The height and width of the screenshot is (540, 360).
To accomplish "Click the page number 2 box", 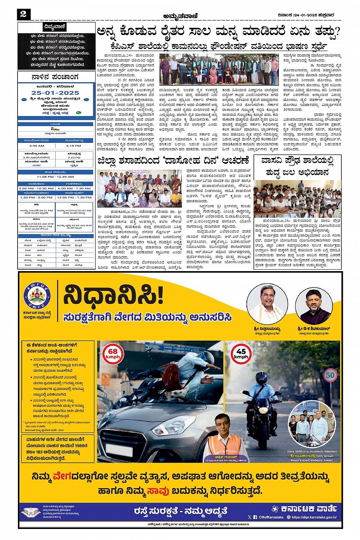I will pos(23,14).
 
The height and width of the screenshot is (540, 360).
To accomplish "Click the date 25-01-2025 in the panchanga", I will pos(55,93).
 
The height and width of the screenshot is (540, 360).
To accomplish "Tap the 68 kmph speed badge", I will pos(113,354).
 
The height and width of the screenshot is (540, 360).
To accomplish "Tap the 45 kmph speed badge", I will pos(241,354).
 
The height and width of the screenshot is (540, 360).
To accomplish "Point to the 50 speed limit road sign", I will pos(330,375).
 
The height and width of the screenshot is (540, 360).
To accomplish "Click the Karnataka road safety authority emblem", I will pos(37,296).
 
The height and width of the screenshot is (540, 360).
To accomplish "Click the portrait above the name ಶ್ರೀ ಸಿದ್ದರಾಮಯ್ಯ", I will pos(267,305).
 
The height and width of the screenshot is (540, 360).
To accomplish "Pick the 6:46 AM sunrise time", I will pos(37,146).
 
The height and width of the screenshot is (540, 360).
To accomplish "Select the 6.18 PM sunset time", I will pos(74,146).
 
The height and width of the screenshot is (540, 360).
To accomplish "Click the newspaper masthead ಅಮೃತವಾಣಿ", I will pos(180,15).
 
